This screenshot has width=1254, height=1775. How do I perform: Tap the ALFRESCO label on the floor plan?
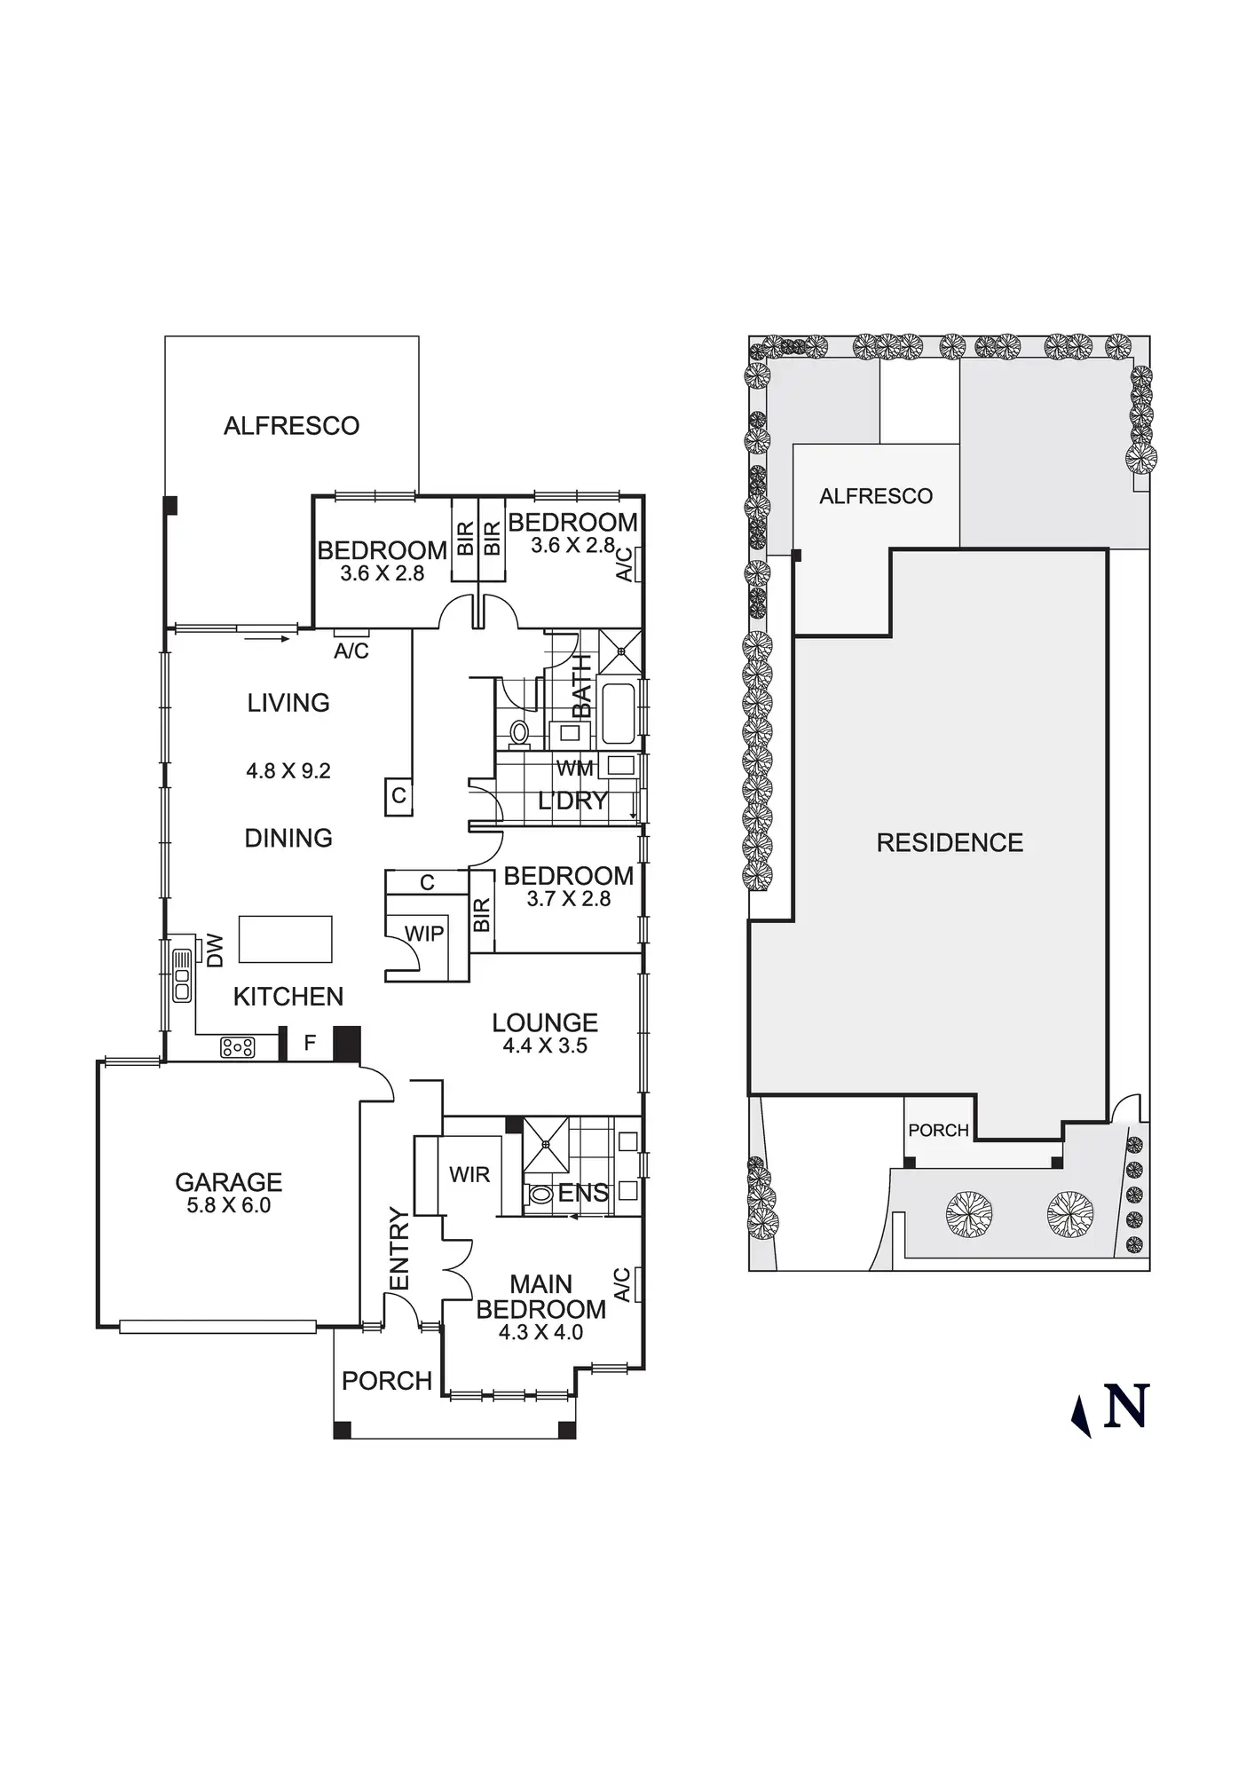coord(291,426)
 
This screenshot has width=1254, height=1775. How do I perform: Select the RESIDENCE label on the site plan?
coord(950,842)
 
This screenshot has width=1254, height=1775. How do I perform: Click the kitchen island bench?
coord(286,939)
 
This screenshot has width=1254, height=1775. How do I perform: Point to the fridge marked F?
coord(310,1043)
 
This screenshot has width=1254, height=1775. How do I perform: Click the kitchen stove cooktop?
coord(237,1048)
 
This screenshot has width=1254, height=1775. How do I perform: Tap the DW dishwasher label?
coord(215,951)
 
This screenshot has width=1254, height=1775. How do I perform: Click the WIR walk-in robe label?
coord(469,1174)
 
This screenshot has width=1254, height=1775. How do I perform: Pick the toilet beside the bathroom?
coord(519,732)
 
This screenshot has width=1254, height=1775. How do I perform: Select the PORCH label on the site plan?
coord(938,1130)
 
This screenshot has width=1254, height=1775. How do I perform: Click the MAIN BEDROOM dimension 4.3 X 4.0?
coord(540,1332)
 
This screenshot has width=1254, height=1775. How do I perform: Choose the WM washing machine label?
coord(574,768)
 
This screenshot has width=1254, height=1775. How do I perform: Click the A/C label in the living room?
coord(351,651)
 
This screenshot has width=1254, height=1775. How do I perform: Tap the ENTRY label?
coord(399,1250)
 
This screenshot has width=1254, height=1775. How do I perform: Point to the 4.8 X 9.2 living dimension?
coord(288,770)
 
